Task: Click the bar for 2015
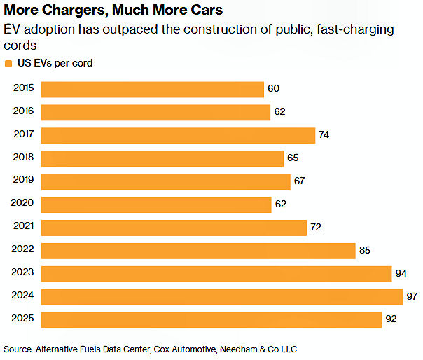coord(152,89)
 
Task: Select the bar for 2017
coord(178,135)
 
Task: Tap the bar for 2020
coord(156,205)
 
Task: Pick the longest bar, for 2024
coord(222,296)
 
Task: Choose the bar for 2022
coord(198,251)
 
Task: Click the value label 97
coord(412,296)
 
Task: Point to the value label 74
coord(324,135)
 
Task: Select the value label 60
coord(273,89)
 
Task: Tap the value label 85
coord(364,251)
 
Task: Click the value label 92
coord(391,319)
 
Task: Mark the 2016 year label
coord(23,111)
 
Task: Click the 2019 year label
coord(23,180)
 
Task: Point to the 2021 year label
coord(23,226)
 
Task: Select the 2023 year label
coord(23,272)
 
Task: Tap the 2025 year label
coord(23,319)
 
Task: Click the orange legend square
coord(8,63)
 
